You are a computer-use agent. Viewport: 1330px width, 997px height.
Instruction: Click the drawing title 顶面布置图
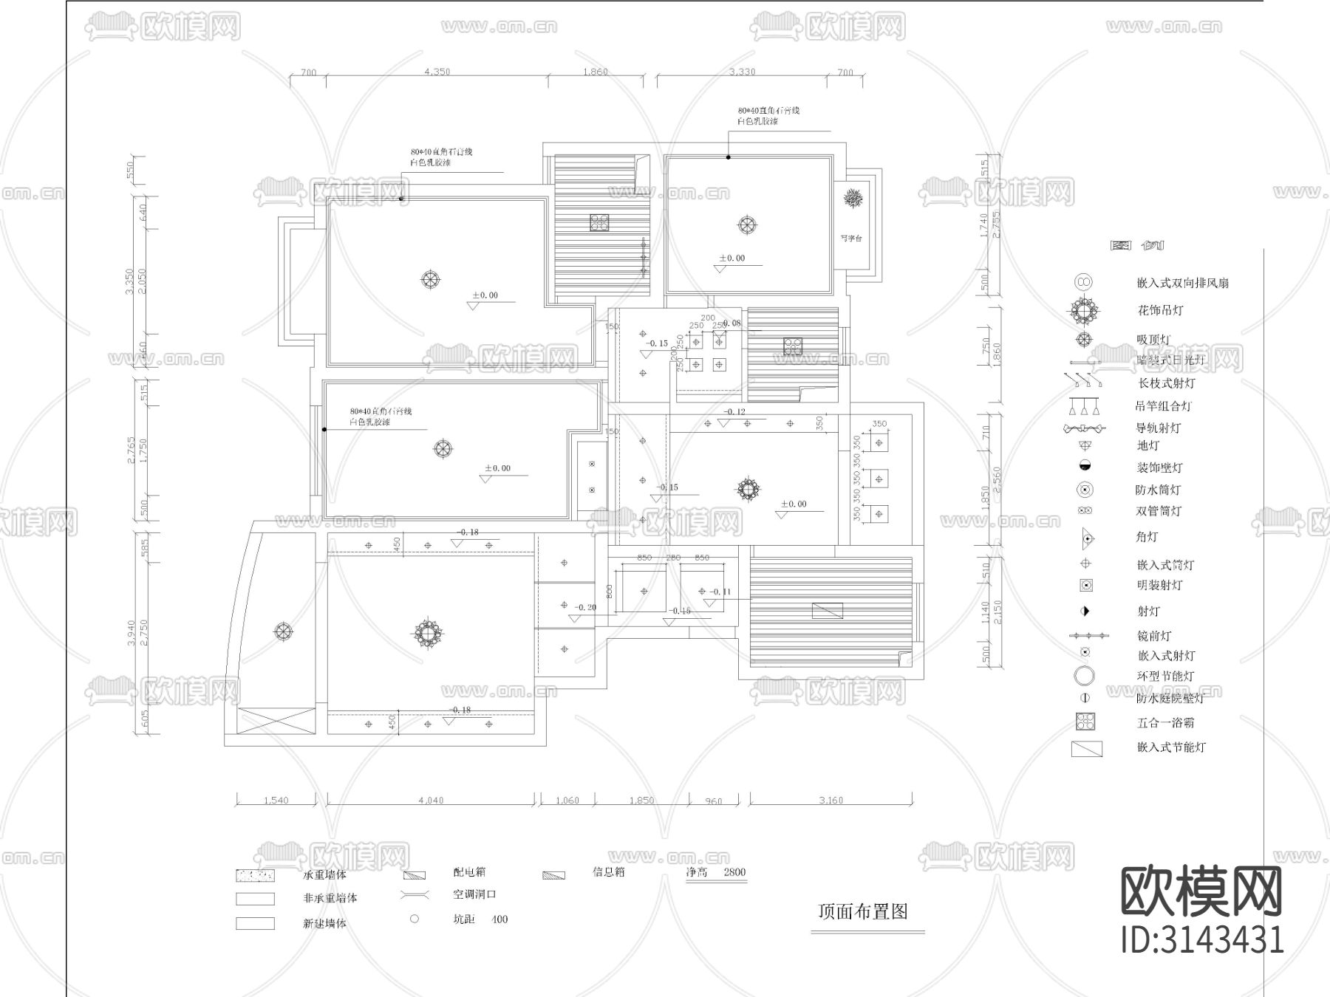pos(862,911)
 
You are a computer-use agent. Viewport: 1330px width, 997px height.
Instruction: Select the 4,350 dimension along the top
pos(437,72)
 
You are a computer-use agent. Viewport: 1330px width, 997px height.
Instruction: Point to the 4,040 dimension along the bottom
pos(431,800)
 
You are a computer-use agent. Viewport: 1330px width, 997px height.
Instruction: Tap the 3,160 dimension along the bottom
pos(831,800)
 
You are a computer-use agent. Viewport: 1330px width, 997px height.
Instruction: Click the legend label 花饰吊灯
pos(1160,310)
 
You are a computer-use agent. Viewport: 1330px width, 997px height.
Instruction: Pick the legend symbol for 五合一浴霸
pos(1085,722)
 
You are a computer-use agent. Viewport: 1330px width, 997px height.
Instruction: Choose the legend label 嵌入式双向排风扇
pos(1182,283)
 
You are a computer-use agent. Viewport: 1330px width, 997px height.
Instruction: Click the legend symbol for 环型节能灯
pos(1084,676)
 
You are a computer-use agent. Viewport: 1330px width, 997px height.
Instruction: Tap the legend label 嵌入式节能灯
pos(1171,747)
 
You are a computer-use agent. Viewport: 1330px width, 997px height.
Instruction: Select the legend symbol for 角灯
pos(1085,538)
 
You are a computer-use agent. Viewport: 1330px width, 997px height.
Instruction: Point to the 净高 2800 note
pos(716,872)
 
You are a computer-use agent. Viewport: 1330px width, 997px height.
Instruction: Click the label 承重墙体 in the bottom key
pos(324,875)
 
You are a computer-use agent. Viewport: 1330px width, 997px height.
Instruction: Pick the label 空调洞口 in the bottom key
pos(474,894)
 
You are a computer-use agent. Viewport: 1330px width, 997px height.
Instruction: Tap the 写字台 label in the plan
pos(851,239)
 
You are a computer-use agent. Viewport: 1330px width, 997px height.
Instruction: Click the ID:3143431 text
pos(1202,939)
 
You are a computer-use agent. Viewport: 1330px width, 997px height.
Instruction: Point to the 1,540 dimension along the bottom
pos(276,800)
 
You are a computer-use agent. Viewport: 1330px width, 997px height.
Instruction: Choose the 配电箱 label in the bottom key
pos(469,872)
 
